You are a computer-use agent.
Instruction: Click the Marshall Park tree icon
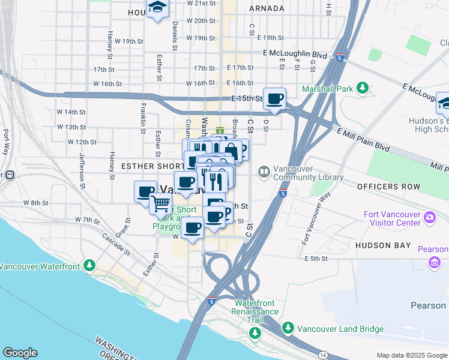[x=362, y=89]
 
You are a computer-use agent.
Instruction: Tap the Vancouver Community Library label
[x=308, y=173]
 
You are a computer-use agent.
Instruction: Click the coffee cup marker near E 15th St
[x=274, y=98]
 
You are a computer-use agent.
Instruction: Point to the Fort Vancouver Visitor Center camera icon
[x=429, y=217]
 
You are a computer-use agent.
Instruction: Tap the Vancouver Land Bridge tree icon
[x=288, y=328]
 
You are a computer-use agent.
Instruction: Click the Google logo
[x=20, y=353]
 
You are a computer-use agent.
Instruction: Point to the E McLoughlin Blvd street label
[x=295, y=54]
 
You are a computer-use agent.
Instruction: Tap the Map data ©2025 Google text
[x=411, y=355]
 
